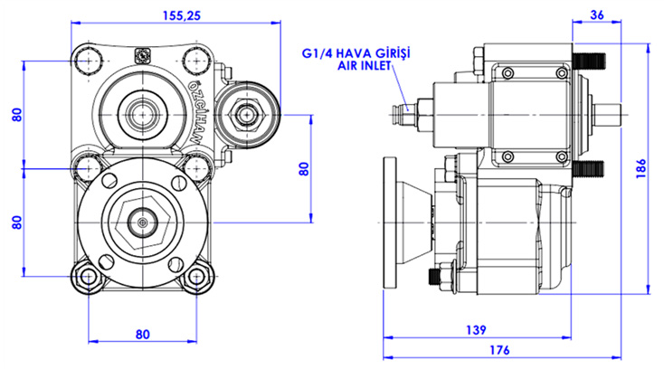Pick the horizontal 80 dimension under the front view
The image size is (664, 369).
(x=142, y=334)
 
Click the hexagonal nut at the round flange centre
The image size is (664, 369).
(x=143, y=220)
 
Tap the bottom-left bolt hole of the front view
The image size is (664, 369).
(x=88, y=278)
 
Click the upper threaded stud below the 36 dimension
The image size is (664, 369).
(x=592, y=61)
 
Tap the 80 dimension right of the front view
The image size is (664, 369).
(x=304, y=168)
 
